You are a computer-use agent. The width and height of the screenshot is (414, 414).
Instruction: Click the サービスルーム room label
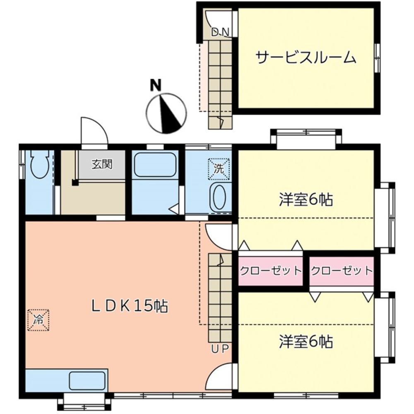click(306, 57)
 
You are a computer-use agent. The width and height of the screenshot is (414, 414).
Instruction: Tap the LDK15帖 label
click(130, 306)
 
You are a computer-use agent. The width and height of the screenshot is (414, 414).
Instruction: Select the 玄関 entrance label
click(102, 164)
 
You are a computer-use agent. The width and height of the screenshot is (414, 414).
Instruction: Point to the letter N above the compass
click(155, 85)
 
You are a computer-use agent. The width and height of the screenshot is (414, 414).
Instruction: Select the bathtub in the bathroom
click(155, 165)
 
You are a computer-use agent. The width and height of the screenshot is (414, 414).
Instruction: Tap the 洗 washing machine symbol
click(218, 169)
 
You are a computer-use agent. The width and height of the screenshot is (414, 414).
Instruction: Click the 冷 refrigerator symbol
click(38, 320)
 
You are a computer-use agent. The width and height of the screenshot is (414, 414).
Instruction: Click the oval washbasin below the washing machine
click(218, 197)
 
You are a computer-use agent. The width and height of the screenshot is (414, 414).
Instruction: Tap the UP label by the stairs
click(219, 349)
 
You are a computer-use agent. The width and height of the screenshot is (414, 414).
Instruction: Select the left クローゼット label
click(271, 271)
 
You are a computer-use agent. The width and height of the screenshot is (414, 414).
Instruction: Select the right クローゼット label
click(342, 271)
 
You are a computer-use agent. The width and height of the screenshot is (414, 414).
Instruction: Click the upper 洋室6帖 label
click(306, 200)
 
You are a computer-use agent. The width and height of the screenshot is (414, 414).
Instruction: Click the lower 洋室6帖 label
click(306, 342)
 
